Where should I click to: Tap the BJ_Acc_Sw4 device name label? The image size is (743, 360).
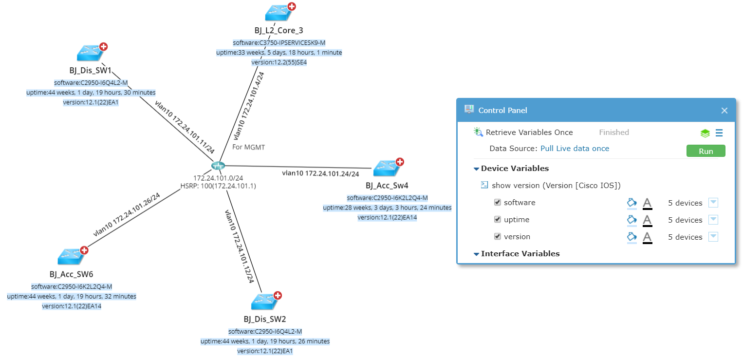tap(387, 186)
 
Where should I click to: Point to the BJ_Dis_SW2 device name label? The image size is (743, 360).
tap(265, 319)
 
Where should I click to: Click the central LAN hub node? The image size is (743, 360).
tap(218, 166)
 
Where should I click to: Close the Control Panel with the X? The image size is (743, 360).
tap(724, 111)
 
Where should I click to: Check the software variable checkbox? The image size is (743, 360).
tap(498, 202)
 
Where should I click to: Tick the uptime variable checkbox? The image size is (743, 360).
tap(498, 219)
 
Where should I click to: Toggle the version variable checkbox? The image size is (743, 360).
tap(498, 236)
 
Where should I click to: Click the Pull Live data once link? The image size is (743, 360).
tap(575, 149)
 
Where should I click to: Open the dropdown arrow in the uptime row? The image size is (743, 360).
tap(713, 220)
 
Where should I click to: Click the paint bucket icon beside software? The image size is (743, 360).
tap(632, 203)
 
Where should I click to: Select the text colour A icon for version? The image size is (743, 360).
tap(647, 237)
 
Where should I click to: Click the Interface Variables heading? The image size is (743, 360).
tap(520, 254)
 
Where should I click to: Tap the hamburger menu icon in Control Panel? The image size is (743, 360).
tap(719, 133)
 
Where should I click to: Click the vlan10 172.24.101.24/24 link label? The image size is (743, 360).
tap(320, 173)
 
